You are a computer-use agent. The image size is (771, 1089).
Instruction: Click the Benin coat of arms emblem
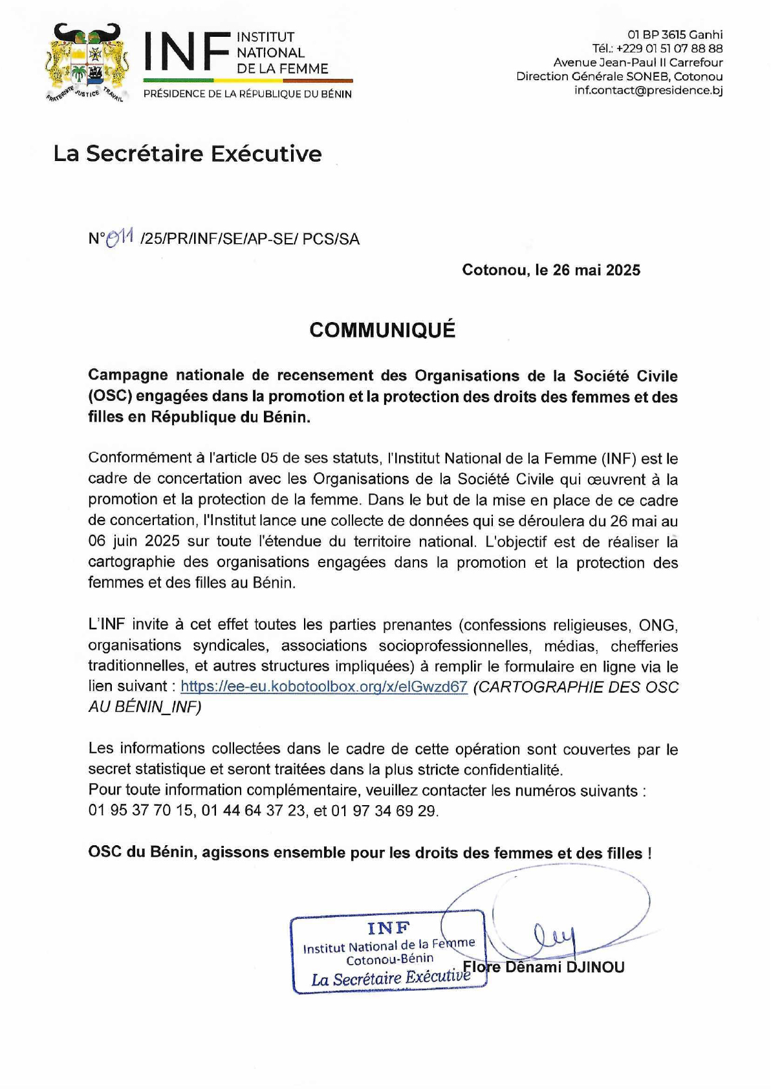click(87, 63)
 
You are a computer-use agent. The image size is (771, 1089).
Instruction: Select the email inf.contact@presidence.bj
click(648, 90)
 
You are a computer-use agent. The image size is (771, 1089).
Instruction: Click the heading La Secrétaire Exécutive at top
click(188, 154)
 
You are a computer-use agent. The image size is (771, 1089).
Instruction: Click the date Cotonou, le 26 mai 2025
click(551, 270)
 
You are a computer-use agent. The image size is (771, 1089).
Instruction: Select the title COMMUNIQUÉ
click(382, 330)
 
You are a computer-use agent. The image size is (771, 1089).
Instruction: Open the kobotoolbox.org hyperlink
click(324, 687)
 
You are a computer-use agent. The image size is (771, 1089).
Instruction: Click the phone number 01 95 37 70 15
click(141, 810)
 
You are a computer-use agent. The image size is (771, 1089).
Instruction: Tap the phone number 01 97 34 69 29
click(384, 811)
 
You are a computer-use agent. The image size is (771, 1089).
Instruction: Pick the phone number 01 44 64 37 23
click(254, 810)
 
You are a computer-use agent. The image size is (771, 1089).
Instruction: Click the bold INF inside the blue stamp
click(389, 928)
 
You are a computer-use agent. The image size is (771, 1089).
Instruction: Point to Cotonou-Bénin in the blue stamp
click(389, 960)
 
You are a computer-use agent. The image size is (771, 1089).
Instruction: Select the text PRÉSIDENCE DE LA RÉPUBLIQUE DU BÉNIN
click(248, 94)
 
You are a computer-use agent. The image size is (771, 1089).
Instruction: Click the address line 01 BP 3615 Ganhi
click(675, 35)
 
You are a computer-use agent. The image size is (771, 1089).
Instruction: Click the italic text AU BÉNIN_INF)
click(145, 707)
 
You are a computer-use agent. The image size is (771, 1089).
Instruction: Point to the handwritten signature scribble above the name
click(554, 935)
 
